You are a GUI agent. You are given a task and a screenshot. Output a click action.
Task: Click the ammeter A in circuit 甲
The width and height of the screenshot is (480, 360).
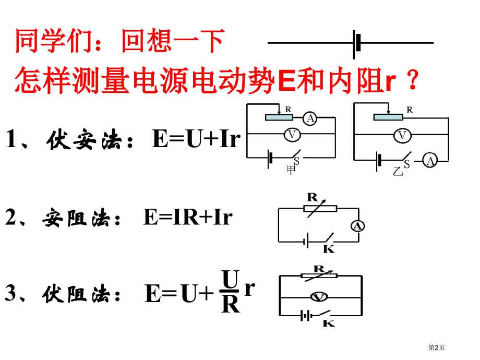[x=310, y=119]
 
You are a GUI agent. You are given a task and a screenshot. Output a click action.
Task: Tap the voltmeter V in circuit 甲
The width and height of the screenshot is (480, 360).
[x=292, y=135]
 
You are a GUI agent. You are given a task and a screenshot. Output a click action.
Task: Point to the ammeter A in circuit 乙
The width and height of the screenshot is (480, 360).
[x=430, y=161]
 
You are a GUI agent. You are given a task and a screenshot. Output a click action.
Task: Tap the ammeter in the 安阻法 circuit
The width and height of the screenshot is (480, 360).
[x=358, y=226]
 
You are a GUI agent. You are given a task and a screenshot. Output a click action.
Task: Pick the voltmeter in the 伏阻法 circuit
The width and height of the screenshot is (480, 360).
[x=318, y=297]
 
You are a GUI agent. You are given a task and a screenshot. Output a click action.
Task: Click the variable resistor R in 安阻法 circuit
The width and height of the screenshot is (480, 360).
[x=320, y=208]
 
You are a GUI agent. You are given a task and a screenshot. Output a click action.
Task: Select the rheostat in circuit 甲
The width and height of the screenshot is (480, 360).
[x=282, y=117]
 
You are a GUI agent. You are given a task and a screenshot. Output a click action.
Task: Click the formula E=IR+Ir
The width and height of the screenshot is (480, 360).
[x=187, y=218]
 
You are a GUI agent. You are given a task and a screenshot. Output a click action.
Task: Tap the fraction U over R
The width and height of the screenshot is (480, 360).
[x=230, y=291]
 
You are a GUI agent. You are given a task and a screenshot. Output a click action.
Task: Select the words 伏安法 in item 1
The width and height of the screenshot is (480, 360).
[x=83, y=141]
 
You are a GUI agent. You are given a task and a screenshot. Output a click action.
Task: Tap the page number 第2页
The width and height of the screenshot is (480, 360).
[x=437, y=347]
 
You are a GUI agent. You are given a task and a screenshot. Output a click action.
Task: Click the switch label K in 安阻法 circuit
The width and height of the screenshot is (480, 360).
[x=329, y=249]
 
